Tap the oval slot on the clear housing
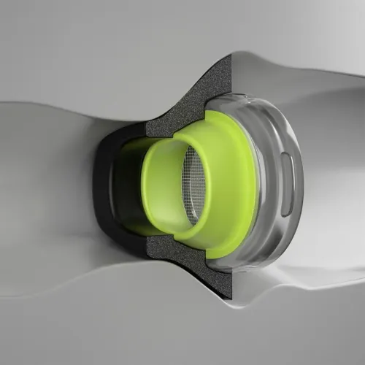pos(288,185)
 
